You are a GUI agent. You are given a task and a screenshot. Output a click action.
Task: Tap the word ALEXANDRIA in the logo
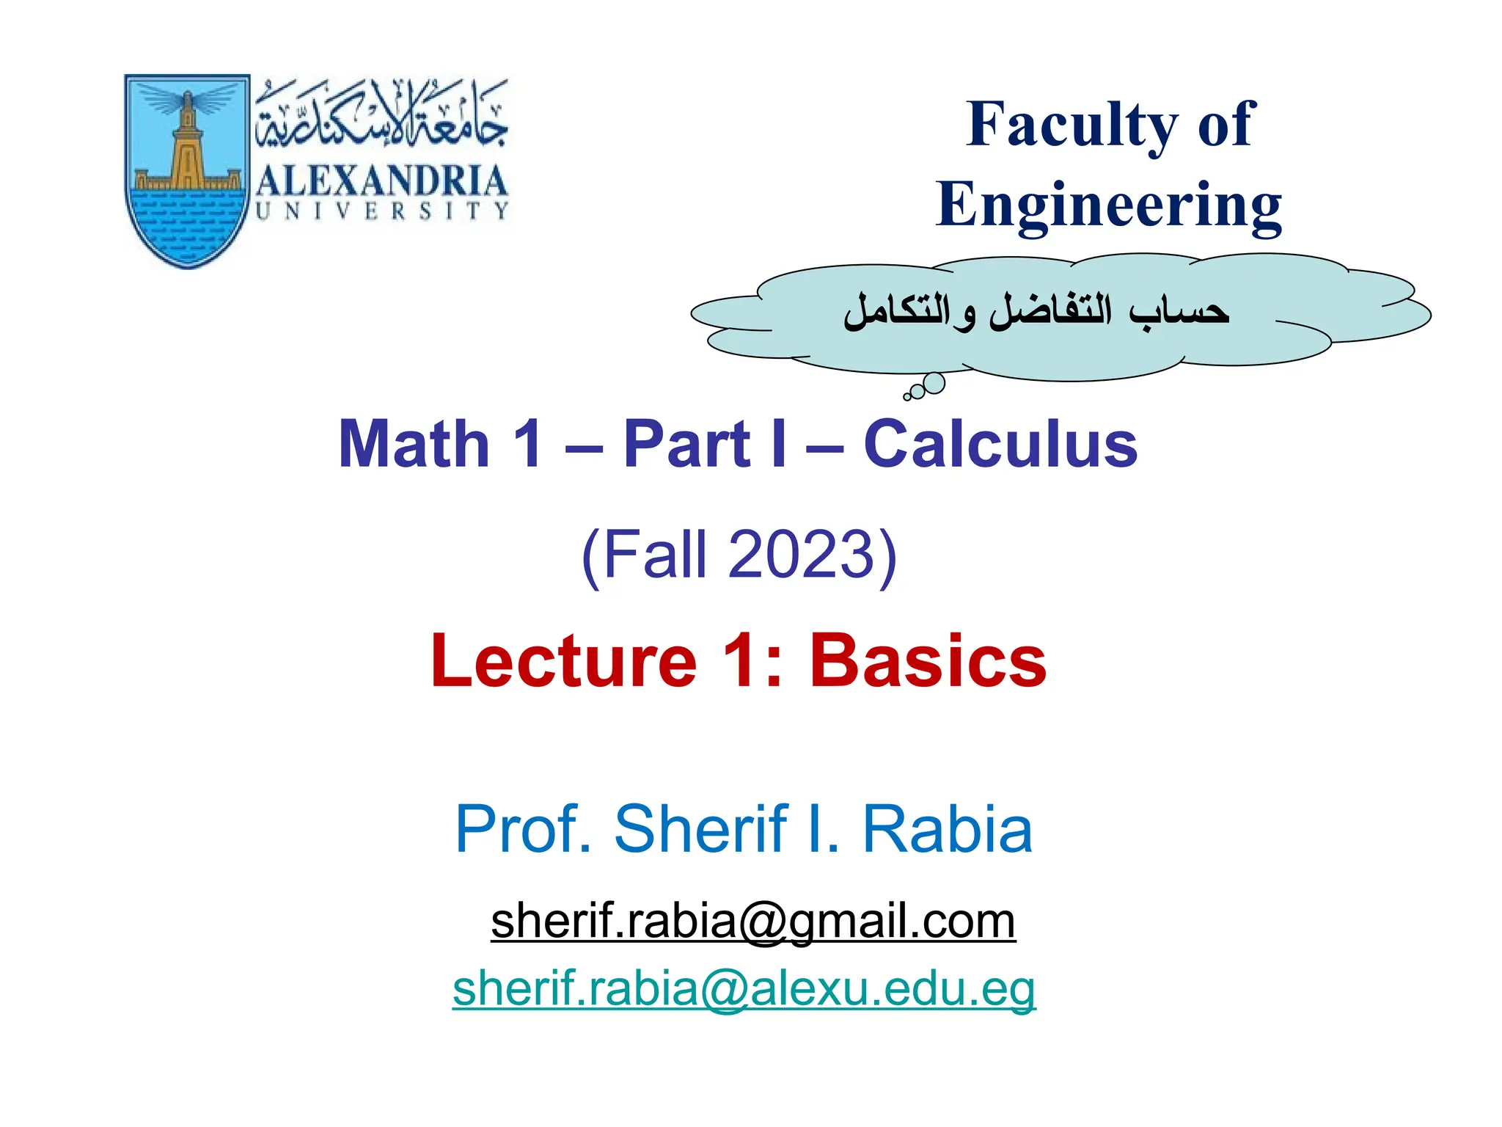click(381, 181)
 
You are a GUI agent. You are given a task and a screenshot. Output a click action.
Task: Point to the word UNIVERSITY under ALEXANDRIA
click(381, 211)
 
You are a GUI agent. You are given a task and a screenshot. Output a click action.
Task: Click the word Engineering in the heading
click(1109, 206)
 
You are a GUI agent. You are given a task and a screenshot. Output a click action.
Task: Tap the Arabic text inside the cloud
click(1036, 313)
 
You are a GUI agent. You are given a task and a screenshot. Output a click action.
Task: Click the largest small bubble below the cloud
click(934, 383)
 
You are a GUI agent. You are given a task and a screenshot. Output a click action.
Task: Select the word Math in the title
click(414, 445)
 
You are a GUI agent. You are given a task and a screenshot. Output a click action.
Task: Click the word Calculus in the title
click(1000, 445)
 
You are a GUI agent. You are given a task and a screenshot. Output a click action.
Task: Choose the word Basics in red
click(928, 662)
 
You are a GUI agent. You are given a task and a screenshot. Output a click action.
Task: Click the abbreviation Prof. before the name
click(523, 829)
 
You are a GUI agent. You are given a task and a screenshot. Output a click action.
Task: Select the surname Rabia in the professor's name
click(948, 829)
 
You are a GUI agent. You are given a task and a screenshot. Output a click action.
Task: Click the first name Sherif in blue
click(700, 829)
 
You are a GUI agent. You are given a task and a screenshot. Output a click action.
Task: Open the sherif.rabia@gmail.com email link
click(753, 922)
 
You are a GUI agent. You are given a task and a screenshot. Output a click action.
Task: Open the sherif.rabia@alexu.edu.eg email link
click(744, 989)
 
